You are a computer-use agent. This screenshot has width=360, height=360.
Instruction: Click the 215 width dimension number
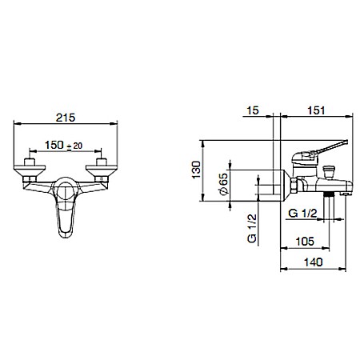66,118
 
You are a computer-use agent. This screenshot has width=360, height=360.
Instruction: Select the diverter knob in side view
329,171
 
